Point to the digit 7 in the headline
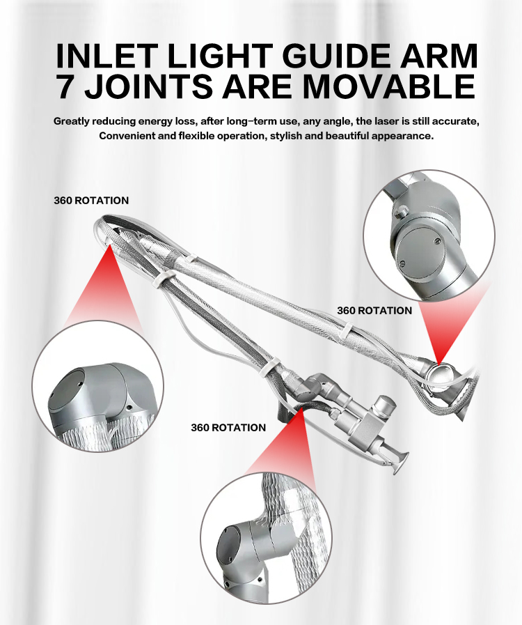[x=68, y=86]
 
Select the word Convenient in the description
[x=127, y=135]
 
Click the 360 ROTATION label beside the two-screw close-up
[x=374, y=310]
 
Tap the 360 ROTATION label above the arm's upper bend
[x=91, y=201]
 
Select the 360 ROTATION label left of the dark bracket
[x=228, y=427]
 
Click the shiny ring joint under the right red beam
[x=438, y=373]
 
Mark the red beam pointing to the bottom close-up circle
[x=285, y=446]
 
